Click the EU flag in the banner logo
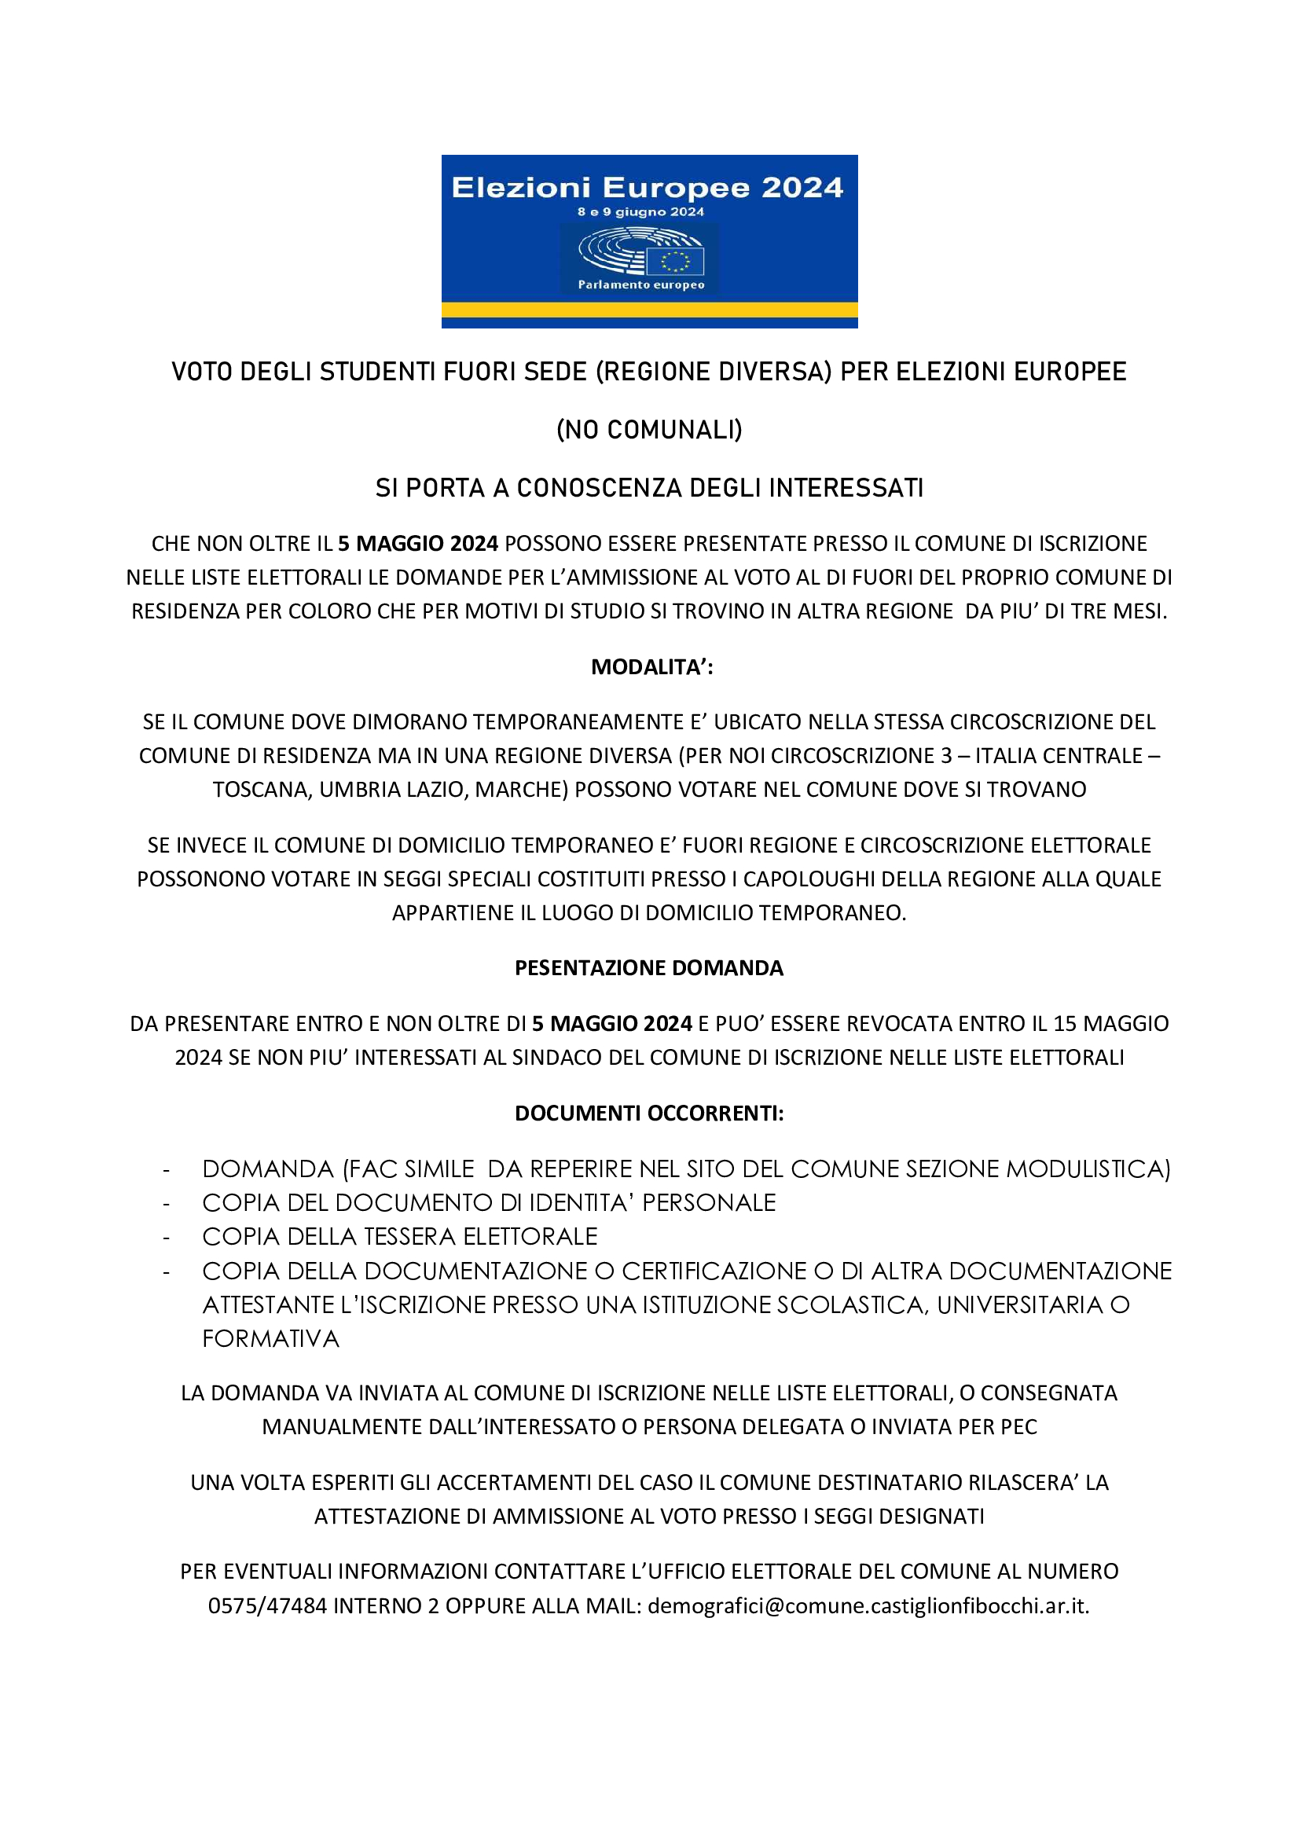click(x=674, y=261)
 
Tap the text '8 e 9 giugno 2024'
click(x=640, y=212)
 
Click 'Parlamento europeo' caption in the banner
click(x=641, y=285)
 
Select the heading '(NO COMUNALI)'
click(x=649, y=430)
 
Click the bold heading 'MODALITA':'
click(x=651, y=667)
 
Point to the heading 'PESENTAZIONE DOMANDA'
click(x=649, y=968)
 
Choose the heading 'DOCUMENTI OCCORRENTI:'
click(x=649, y=1113)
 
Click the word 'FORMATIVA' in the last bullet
click(x=270, y=1338)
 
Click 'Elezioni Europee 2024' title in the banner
click(x=648, y=187)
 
